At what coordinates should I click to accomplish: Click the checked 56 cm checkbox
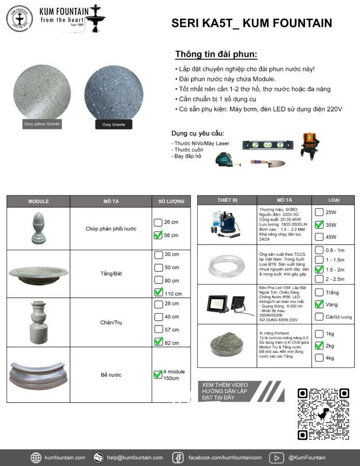coord(158,236)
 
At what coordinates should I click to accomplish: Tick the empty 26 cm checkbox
coord(158,223)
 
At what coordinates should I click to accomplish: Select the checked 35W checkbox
coord(319,225)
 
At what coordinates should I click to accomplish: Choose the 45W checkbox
coord(319,237)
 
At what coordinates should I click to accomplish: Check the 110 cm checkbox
coord(159,293)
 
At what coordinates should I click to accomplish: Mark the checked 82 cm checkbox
coord(159,342)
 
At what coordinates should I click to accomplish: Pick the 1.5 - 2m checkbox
coord(319,269)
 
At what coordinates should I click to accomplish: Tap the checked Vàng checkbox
coord(319,304)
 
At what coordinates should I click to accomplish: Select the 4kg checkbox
coord(319,358)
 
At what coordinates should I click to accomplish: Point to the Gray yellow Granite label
coord(42,124)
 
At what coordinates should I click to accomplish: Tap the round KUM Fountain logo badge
coord(19,19)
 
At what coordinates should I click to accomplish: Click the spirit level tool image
coord(262,145)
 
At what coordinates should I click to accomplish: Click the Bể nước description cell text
coord(111,374)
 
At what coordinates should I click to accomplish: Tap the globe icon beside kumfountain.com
coord(36,458)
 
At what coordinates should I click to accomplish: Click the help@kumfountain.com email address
coord(135,458)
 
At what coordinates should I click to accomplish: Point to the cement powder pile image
coord(227,346)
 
